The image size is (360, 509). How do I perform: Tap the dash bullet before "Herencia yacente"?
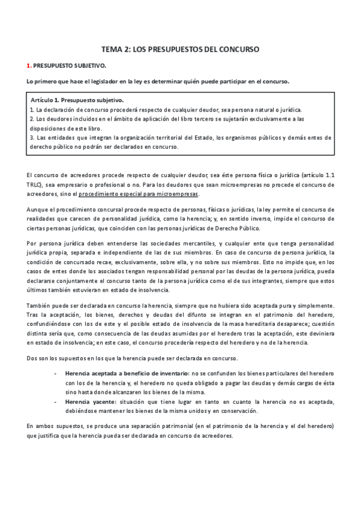55,401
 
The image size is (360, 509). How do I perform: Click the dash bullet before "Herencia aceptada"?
55,373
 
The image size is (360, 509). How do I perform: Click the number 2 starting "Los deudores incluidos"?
31,119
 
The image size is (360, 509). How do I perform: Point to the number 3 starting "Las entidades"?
31,137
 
